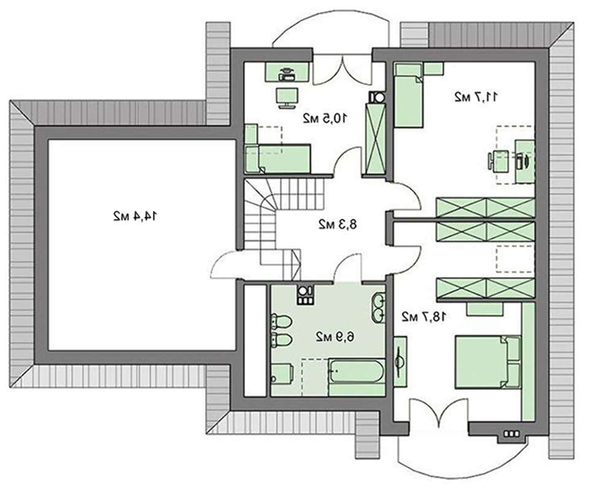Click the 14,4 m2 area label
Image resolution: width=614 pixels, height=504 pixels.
[135, 216]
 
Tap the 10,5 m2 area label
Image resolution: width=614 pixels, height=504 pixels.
[325, 118]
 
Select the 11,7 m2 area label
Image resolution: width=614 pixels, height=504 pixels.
[476, 97]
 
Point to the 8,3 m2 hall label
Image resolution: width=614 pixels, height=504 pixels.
[338, 224]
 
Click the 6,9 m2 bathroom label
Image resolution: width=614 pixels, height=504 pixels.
[335, 336]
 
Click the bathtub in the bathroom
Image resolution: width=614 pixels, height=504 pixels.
[357, 371]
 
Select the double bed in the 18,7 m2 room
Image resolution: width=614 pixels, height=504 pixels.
[488, 362]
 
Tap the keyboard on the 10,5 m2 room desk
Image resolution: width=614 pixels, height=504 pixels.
[287, 78]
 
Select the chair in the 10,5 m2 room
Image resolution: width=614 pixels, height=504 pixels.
[287, 98]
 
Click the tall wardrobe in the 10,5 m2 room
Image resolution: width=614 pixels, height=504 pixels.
[375, 139]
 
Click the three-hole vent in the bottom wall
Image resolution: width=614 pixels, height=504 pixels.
[511, 434]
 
